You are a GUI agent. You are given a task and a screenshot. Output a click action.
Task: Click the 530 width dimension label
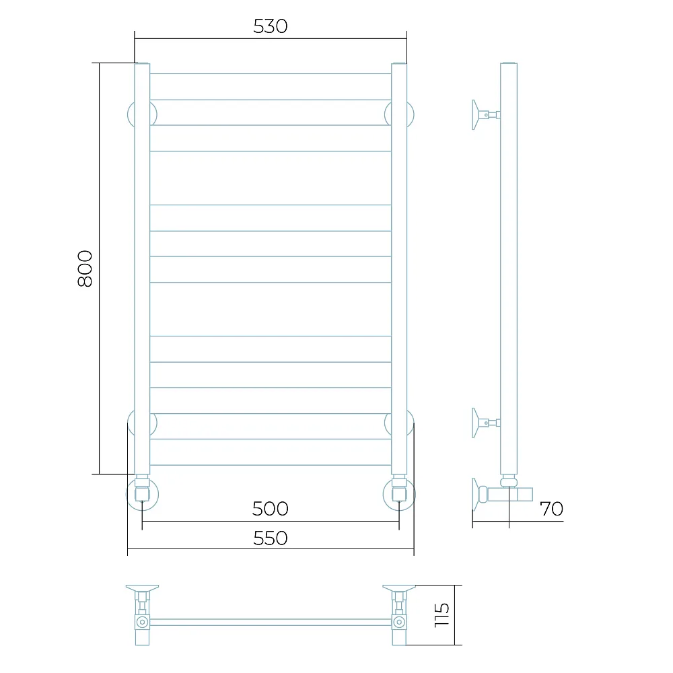click(270, 26)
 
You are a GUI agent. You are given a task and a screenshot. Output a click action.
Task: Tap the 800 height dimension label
click(85, 269)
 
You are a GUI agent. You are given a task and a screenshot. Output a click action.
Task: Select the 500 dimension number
click(270, 509)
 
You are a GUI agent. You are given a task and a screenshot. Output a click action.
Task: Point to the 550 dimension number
click(270, 538)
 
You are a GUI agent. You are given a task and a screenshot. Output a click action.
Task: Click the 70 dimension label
click(551, 509)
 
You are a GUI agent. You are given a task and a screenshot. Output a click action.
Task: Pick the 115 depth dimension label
click(441, 615)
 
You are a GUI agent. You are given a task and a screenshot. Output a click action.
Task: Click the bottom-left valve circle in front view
click(127, 495)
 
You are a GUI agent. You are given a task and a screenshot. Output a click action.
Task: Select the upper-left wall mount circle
click(129, 114)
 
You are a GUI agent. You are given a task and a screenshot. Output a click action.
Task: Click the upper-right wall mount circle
click(413, 114)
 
